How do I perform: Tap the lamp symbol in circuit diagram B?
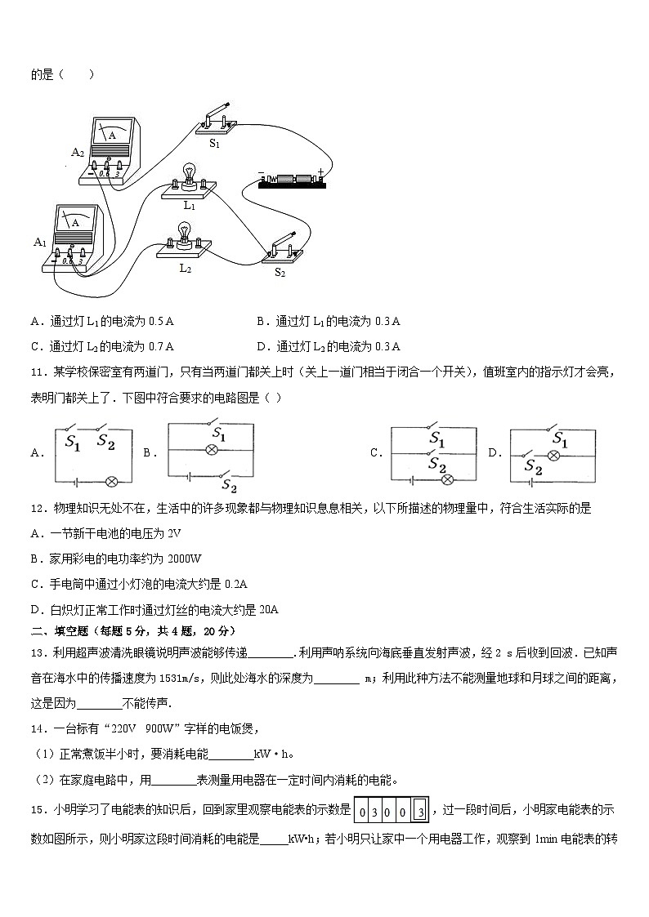pos(211,450)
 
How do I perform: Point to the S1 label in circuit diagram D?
pos(560,438)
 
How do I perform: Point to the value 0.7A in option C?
pos(159,345)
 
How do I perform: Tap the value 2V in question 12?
pos(172,533)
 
